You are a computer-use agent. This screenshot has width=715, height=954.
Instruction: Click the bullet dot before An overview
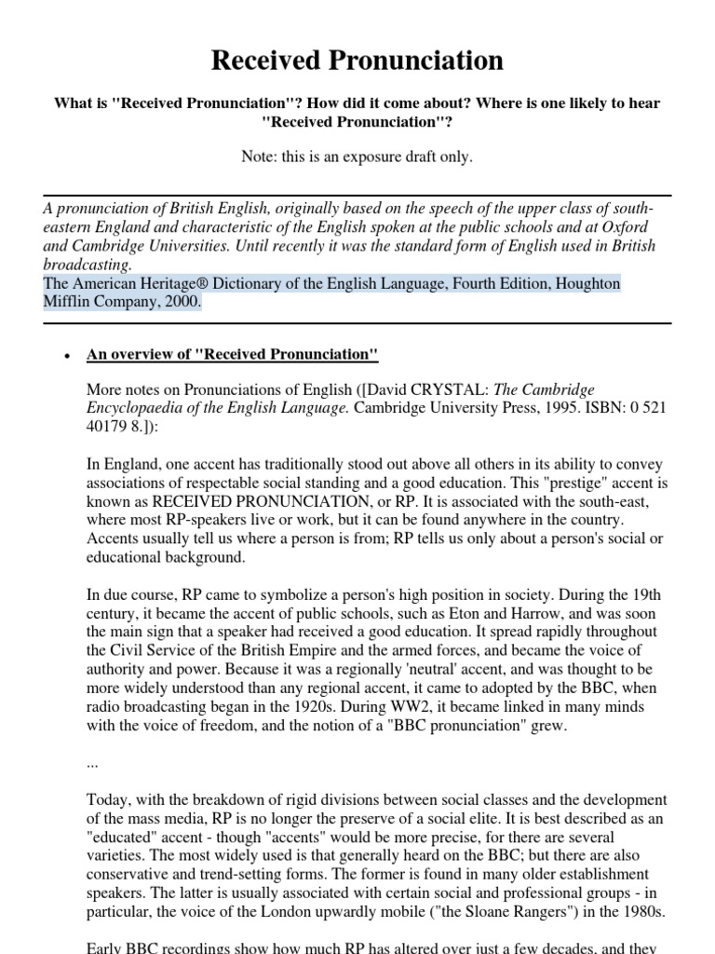click(66, 357)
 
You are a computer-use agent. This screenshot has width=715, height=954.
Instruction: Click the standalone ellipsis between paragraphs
click(92, 762)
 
